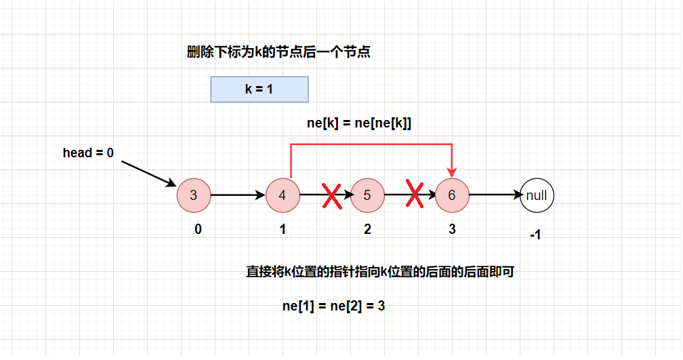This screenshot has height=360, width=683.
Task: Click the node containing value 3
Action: click(194, 196)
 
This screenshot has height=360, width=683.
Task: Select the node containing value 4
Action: click(283, 196)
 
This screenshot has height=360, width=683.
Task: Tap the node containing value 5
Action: click(367, 196)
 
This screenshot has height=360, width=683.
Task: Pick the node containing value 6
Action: click(452, 196)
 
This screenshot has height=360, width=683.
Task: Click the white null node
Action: click(537, 196)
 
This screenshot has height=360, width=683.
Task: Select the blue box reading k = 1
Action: click(260, 89)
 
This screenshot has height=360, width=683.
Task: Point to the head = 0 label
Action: click(88, 153)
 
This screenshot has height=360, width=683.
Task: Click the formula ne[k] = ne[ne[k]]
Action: click(360, 123)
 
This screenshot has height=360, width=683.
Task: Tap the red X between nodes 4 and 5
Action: click(331, 195)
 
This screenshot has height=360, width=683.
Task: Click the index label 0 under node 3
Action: click(198, 229)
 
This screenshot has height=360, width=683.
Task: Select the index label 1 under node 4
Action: click(283, 229)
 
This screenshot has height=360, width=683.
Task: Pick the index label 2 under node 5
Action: click(367, 229)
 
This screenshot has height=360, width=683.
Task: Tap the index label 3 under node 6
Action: click(452, 229)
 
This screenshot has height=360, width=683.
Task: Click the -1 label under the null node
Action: click(535, 235)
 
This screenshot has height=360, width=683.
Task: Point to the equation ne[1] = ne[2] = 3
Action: click(334, 306)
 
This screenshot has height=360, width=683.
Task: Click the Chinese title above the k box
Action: click(278, 53)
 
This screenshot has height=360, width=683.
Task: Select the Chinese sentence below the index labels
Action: click(380, 273)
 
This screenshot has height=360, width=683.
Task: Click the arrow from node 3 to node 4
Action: click(238, 195)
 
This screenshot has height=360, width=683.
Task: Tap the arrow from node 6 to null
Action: click(495, 195)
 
